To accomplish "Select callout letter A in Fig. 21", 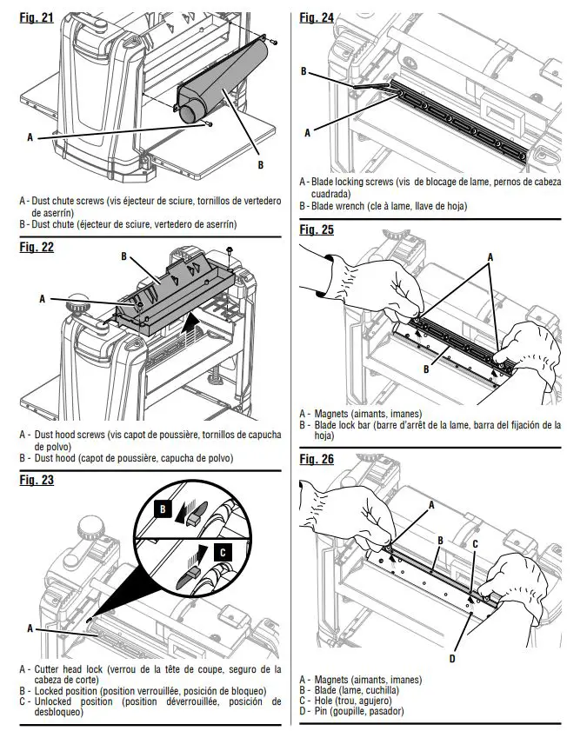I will tap(30, 137).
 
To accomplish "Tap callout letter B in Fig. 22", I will tap(124, 257).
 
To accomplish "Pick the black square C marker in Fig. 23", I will tap(223, 550).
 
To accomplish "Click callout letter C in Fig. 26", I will tap(475, 544).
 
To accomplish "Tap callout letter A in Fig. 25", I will tap(490, 257).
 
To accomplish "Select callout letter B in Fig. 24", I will tap(304, 72).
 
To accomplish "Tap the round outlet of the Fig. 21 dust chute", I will tap(187, 115).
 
